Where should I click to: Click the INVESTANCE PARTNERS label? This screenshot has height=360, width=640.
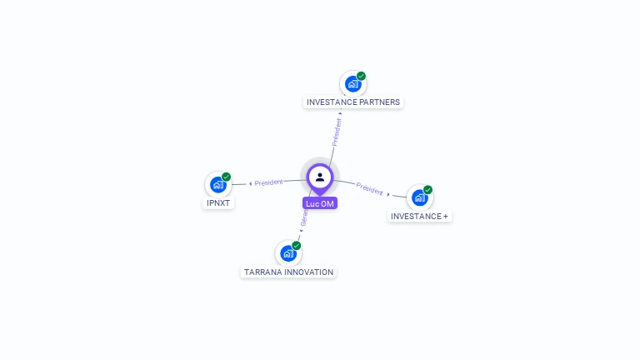(x=353, y=102)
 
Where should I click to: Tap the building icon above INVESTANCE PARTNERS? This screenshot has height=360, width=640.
(x=353, y=83)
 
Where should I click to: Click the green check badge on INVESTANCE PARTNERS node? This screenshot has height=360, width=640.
(x=361, y=76)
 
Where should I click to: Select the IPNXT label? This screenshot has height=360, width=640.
(x=218, y=202)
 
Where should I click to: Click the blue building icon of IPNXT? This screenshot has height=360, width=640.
(x=218, y=184)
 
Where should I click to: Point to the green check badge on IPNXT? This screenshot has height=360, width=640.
(x=226, y=177)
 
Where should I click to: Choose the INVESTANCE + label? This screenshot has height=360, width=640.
(x=419, y=216)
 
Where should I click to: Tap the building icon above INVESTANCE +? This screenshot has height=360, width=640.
(x=419, y=197)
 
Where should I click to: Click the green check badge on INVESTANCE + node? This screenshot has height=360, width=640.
(x=427, y=190)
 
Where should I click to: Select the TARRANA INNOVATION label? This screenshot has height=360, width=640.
(x=288, y=272)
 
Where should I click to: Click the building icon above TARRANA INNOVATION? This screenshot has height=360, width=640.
(x=288, y=253)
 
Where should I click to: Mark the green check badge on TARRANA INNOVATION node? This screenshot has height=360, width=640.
(x=296, y=246)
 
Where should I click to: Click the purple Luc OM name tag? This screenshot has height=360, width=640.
(x=320, y=203)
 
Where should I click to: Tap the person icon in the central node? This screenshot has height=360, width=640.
(x=320, y=177)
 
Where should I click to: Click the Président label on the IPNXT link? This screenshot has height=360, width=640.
(x=268, y=182)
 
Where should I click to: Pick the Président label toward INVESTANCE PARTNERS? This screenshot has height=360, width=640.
(x=337, y=132)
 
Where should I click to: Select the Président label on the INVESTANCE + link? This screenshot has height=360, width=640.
(x=369, y=188)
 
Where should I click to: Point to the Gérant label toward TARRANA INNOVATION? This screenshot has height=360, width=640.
(x=305, y=218)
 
